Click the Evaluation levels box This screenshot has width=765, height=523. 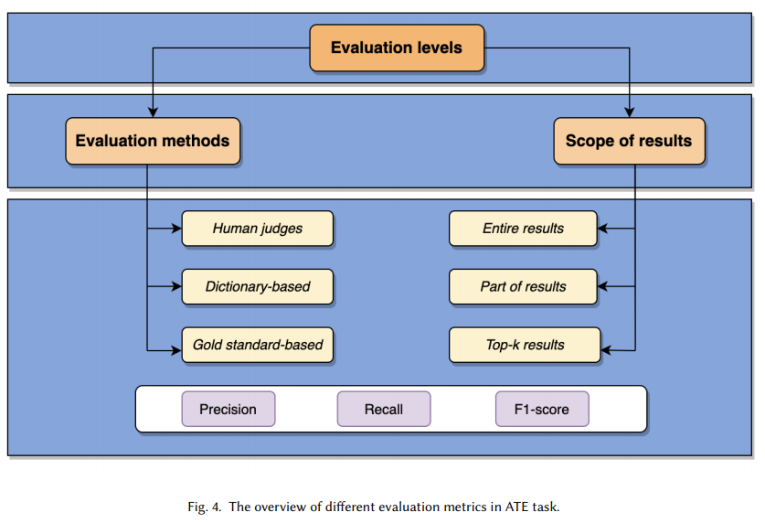click(397, 48)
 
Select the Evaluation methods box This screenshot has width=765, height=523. click(153, 141)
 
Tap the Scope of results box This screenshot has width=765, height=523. click(630, 141)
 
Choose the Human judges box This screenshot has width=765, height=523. click(258, 229)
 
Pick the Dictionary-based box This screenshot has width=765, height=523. click(258, 286)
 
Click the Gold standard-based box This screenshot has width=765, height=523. click(258, 345)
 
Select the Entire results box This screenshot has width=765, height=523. click(523, 229)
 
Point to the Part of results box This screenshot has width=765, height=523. click(523, 286)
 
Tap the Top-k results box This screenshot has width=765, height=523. click(525, 345)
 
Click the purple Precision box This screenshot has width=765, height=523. click(228, 409)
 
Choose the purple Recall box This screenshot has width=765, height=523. click(384, 409)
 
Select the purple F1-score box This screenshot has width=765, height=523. click(542, 409)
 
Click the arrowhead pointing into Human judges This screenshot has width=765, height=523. click(176, 229)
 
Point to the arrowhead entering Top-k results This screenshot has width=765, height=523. click(606, 350)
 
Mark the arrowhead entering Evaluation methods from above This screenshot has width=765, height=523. click(153, 112)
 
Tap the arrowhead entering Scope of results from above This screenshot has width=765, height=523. click(630, 112)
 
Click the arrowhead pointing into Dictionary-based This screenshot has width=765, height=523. click(176, 286)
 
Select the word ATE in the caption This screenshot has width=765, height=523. click(516, 507)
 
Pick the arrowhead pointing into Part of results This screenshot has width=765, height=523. click(602, 286)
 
